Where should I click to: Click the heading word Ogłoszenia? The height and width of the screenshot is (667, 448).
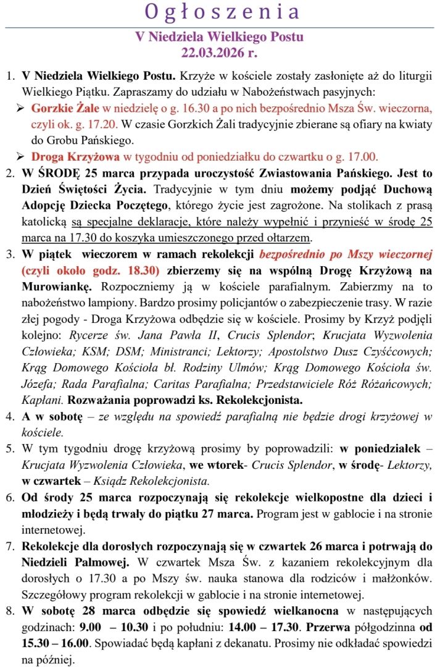click(x=223, y=12)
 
